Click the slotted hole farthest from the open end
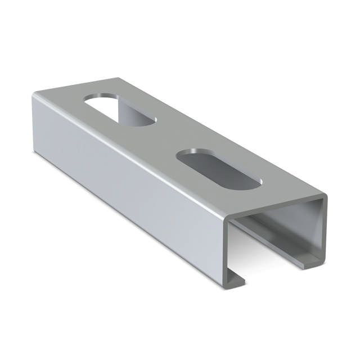(x=120, y=109)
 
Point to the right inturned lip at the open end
(x=307, y=260)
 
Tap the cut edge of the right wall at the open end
(x=321, y=231)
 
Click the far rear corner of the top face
(x=117, y=79)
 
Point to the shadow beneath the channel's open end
(x=264, y=281)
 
